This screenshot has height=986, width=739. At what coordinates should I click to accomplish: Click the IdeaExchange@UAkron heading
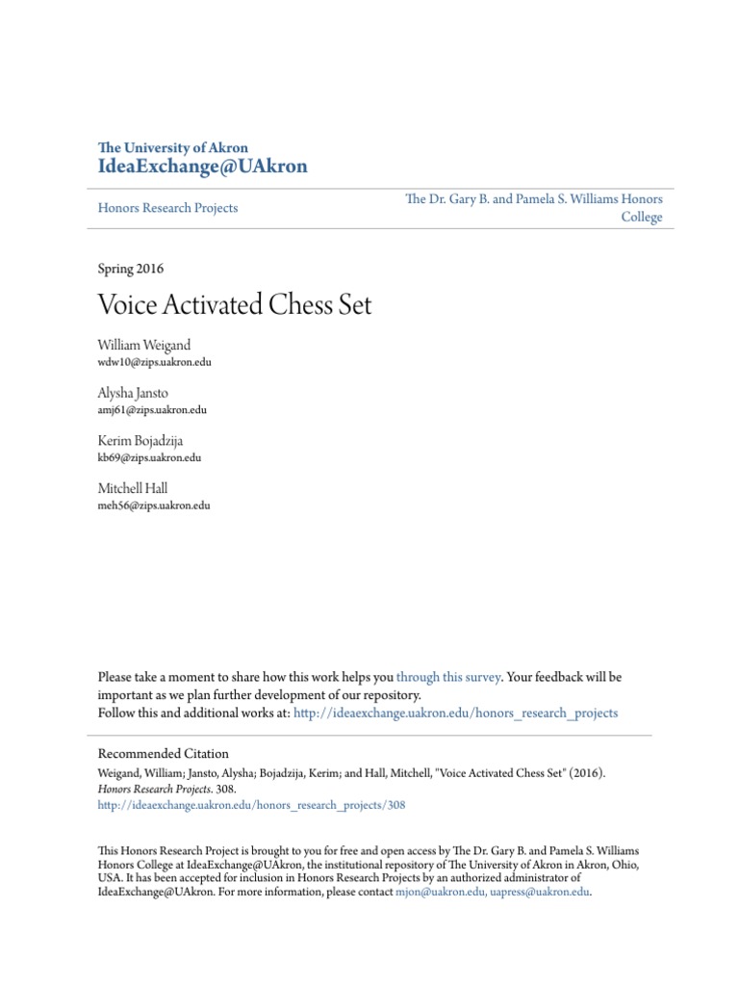click(x=203, y=167)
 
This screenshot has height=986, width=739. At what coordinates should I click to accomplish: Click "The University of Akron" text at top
click(x=173, y=148)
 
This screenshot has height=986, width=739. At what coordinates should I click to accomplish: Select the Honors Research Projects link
click(x=168, y=208)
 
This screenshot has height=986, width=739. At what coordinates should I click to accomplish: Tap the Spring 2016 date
click(x=131, y=269)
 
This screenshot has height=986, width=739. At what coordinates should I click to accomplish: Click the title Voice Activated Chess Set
click(x=235, y=306)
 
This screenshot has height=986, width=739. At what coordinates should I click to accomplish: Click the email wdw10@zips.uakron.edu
click(x=154, y=362)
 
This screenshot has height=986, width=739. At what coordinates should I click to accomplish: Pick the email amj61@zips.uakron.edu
click(x=152, y=410)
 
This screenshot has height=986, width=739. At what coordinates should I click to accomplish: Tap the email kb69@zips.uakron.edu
click(x=149, y=458)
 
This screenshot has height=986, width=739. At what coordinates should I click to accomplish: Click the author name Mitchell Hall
click(x=133, y=488)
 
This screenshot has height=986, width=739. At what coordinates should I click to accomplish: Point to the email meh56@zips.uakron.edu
click(x=154, y=506)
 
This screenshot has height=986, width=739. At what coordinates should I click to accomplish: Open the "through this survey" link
click(x=448, y=677)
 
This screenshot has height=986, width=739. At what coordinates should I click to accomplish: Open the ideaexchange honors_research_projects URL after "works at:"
click(x=455, y=714)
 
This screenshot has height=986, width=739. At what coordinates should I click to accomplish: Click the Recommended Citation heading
click(x=164, y=754)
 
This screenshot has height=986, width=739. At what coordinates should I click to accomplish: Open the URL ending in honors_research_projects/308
click(x=252, y=806)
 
